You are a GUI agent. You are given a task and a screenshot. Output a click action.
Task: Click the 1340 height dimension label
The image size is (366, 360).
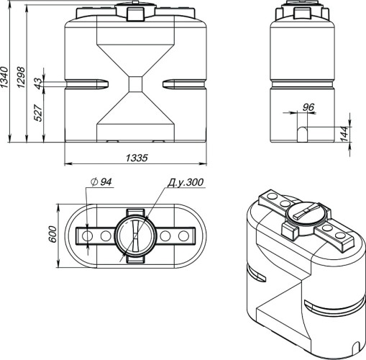point(4,77)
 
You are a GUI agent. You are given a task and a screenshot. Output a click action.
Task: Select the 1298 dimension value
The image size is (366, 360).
point(22,77)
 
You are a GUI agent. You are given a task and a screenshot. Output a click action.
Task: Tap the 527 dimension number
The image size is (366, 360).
point(38,113)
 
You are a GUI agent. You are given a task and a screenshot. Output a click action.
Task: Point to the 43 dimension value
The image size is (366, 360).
point(38,84)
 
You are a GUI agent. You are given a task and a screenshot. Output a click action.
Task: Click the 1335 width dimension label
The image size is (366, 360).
point(137,158)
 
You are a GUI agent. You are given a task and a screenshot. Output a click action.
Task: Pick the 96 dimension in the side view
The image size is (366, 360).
point(308,107)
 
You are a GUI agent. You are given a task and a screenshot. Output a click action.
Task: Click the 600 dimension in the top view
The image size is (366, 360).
point(52,234)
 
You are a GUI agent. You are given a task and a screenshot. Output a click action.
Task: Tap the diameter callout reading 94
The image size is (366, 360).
point(101,182)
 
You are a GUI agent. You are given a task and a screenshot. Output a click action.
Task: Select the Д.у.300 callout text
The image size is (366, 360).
point(186,182)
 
